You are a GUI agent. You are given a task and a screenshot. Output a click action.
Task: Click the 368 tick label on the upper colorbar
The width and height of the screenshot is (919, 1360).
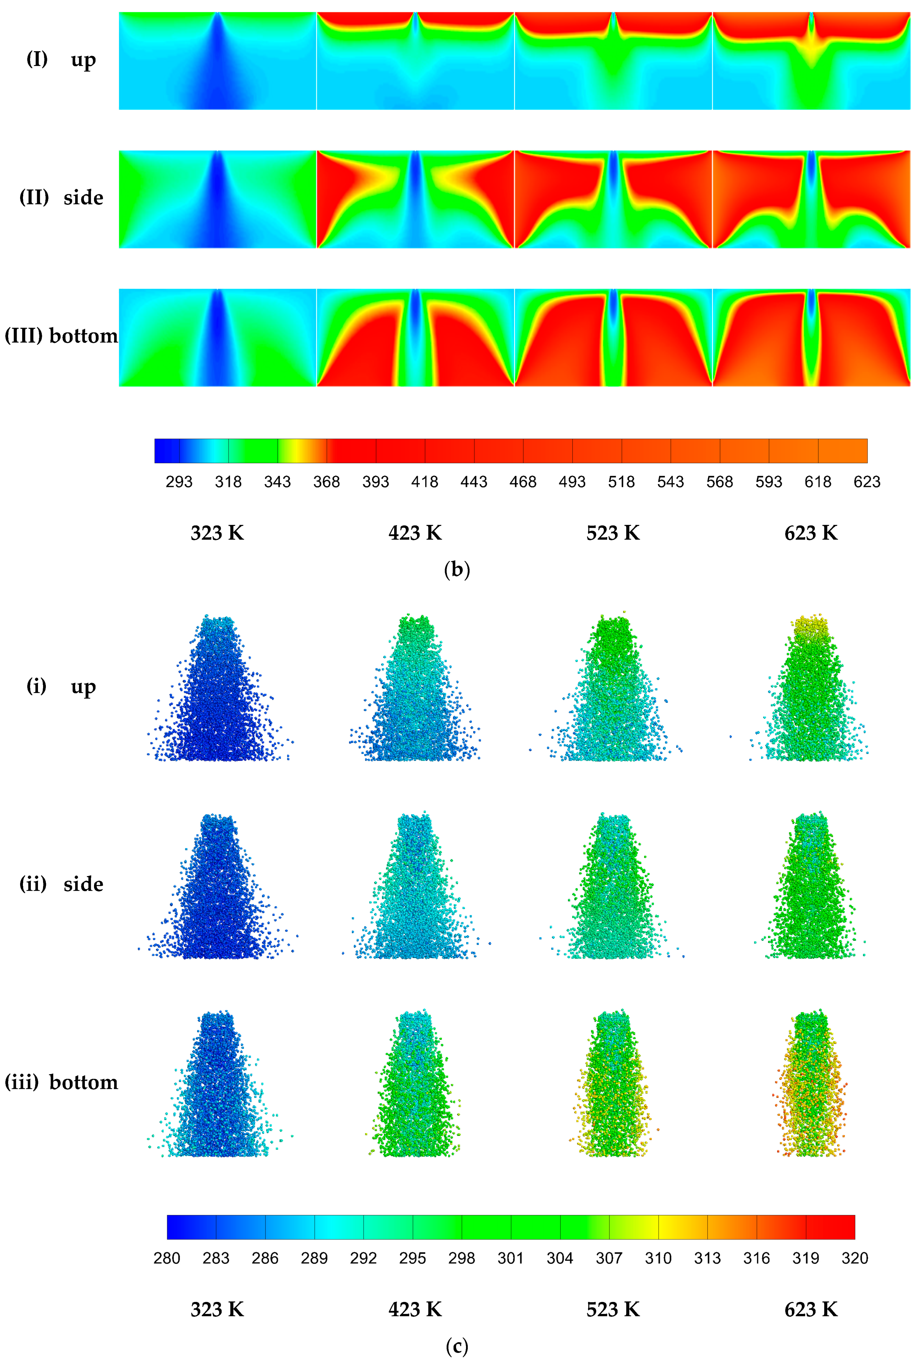pos(326,482)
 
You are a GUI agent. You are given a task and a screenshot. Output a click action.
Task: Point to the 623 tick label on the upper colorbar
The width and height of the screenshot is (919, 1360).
pos(866,482)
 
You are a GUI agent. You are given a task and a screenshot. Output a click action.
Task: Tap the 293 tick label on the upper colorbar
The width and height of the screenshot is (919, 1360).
pos(179,482)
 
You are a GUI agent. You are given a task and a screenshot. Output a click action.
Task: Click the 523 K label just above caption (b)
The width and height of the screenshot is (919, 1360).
pos(613,533)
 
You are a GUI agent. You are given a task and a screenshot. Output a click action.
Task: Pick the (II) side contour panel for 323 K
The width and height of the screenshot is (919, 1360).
pos(217,199)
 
